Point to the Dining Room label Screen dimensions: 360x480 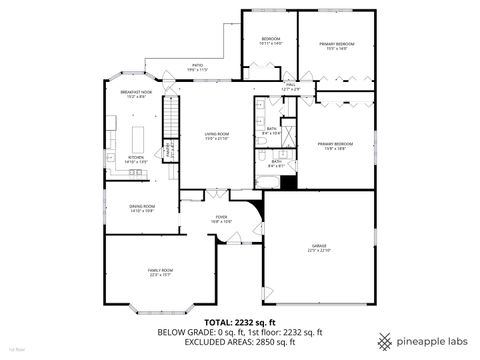141,208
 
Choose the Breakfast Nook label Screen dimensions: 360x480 136,94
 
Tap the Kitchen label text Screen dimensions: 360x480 136,158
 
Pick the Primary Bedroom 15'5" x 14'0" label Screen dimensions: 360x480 337,46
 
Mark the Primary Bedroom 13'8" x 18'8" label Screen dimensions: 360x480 332,147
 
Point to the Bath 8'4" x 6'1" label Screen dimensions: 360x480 274,164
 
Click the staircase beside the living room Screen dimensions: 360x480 170,125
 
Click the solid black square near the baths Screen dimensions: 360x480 290,181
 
